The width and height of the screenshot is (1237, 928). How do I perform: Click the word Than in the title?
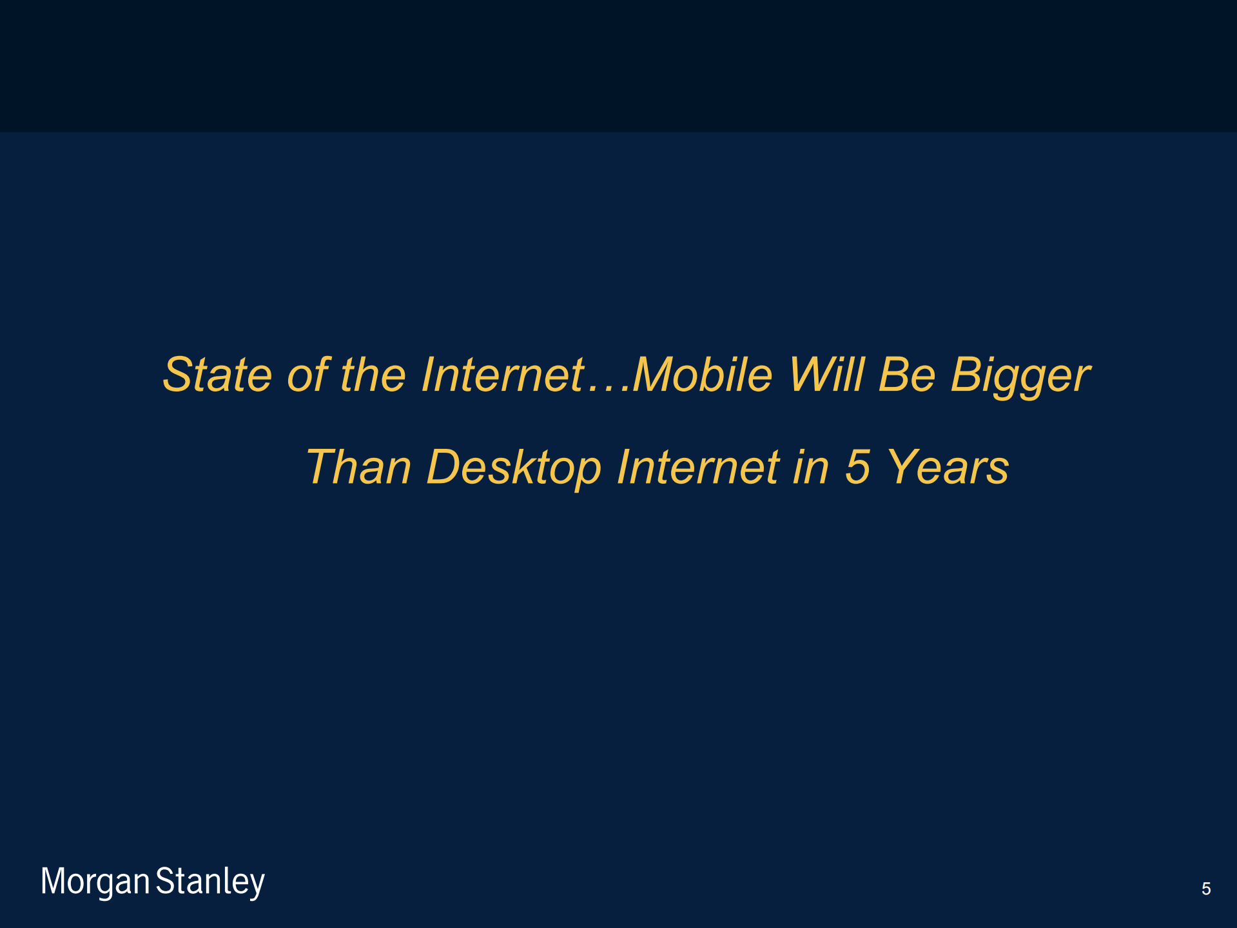pos(358,466)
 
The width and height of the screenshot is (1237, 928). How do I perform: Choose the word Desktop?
pos(514,468)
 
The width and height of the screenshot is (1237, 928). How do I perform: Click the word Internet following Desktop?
pos(698,466)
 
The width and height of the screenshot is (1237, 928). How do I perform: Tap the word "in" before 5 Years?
pos(810,466)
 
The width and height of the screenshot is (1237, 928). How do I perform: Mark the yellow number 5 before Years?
pos(858,466)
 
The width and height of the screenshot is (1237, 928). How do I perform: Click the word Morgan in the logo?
pos(95,882)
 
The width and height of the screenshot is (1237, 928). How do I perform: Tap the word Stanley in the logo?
pos(210,882)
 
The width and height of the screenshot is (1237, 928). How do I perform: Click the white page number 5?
pos(1206,889)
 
